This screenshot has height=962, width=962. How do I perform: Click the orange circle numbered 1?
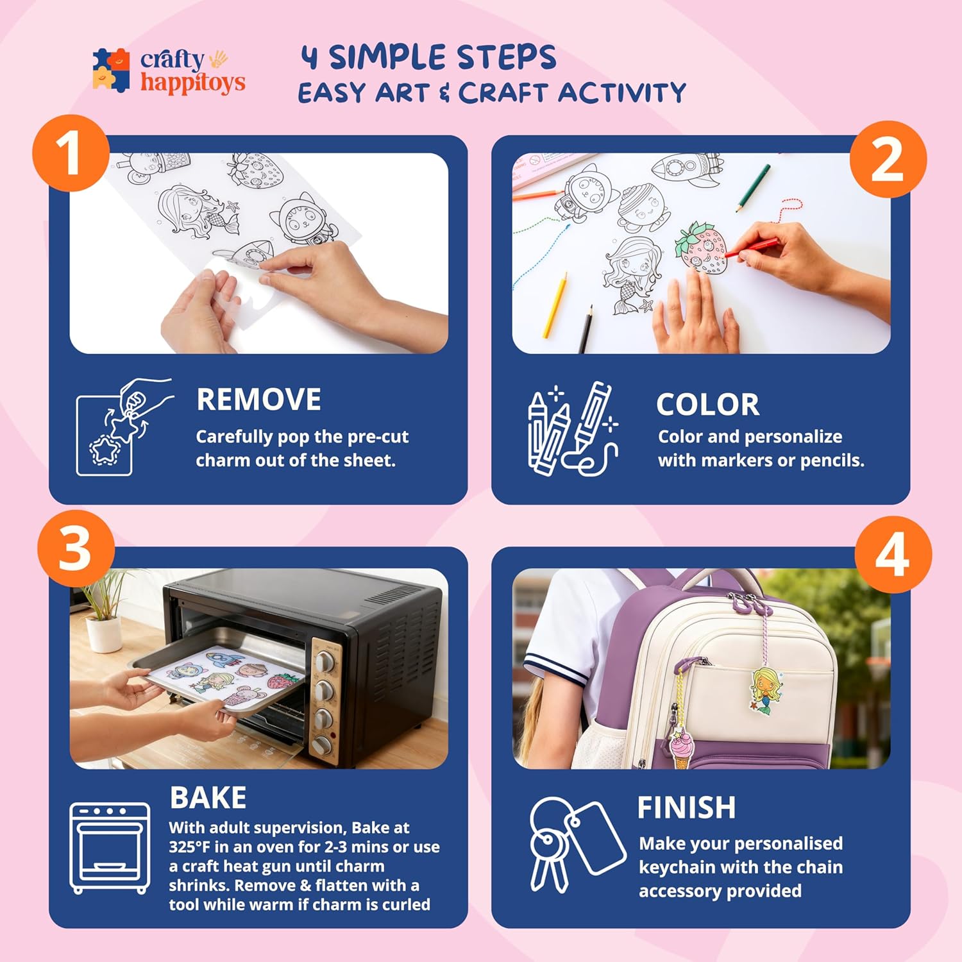pyautogui.click(x=71, y=153)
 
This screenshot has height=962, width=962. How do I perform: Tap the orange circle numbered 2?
pyautogui.click(x=888, y=159)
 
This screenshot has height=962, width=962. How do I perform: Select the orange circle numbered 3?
pyautogui.click(x=76, y=549)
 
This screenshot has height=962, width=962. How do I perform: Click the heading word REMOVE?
pyautogui.click(x=258, y=400)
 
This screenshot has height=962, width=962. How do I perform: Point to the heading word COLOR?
pyautogui.click(x=707, y=405)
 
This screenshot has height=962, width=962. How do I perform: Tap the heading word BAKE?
pyautogui.click(x=208, y=798)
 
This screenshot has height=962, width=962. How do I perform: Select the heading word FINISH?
pyautogui.click(x=686, y=807)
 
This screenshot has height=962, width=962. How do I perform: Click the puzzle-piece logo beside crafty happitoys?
pyautogui.click(x=112, y=70)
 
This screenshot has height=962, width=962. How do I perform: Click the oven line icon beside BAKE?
pyautogui.click(x=110, y=848)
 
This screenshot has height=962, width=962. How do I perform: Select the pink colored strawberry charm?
pyautogui.click(x=701, y=248)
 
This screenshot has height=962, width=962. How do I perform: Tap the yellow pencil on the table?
pyautogui.click(x=555, y=305)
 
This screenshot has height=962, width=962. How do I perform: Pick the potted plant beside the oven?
pyautogui.click(x=103, y=609)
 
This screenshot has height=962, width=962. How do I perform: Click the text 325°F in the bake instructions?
pyautogui.click(x=189, y=847)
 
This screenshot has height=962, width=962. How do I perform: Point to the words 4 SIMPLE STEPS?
pyautogui.click(x=428, y=57)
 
